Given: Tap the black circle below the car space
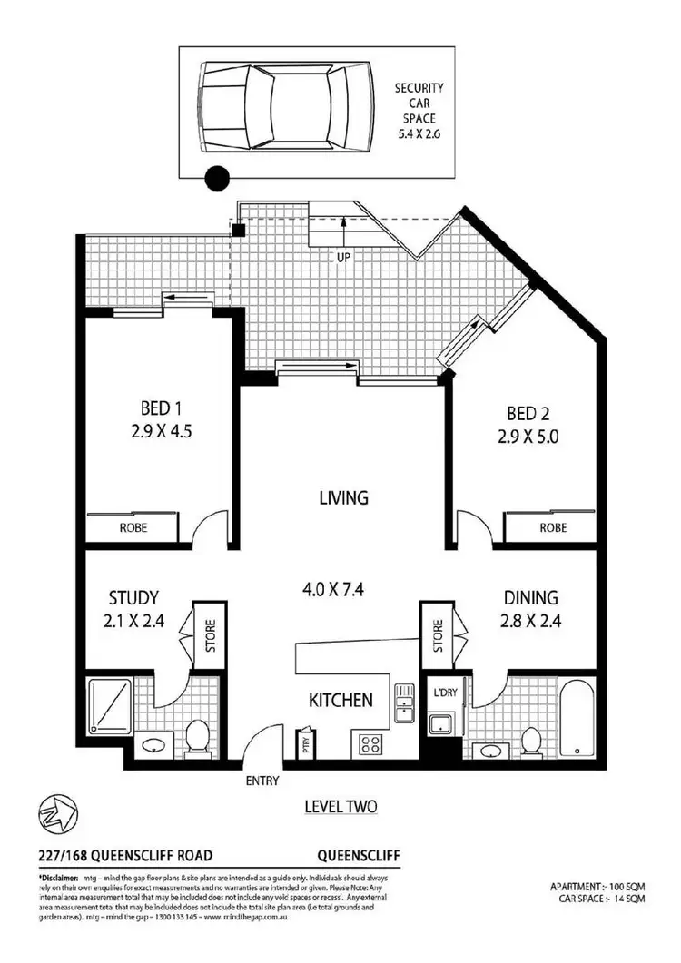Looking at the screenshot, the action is point(217,179).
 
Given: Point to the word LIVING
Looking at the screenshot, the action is point(343,497).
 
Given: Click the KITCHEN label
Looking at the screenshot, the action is point(340,700).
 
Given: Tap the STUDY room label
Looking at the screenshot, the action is point(133,598).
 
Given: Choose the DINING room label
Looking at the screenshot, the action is point(531,598).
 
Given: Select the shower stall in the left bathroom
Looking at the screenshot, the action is point(111,706).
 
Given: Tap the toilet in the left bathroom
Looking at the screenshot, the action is point(195,737).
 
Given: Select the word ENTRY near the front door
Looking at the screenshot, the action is point(262,781).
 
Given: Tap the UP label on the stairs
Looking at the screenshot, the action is point(344,257).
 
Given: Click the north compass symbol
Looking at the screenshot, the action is point(57,811).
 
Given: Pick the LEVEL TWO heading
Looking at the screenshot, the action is point(341,806).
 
